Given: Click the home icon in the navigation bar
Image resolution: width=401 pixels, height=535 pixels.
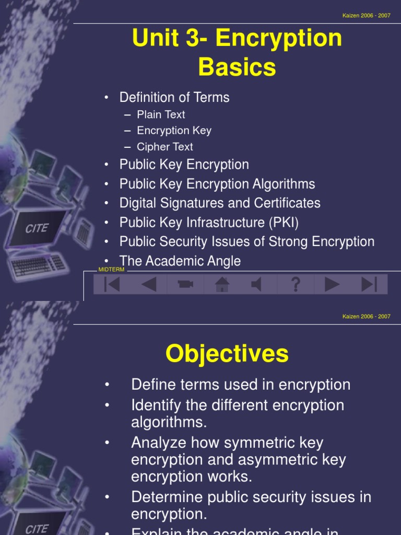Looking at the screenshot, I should point(222,284).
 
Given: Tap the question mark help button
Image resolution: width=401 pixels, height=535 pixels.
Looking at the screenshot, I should point(296,284).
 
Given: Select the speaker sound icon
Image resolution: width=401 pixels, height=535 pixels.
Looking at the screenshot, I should point(257,284).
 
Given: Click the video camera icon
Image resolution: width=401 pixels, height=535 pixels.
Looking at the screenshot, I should point(185,284).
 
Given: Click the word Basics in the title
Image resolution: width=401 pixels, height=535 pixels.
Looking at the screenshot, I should point(237,67).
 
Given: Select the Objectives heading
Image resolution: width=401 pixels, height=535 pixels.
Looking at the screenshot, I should point(227,354).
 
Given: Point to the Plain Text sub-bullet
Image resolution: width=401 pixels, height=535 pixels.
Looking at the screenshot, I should point(161,114).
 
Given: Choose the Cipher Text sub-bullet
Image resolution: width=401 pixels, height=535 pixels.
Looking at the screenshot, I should point(164,147).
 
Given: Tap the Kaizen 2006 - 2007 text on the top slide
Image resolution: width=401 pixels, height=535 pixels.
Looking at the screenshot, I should point(366,16).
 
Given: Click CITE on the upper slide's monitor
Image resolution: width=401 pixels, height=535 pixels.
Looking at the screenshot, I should point(37,228).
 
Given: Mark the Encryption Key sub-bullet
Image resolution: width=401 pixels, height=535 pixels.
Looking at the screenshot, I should point(174,131).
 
